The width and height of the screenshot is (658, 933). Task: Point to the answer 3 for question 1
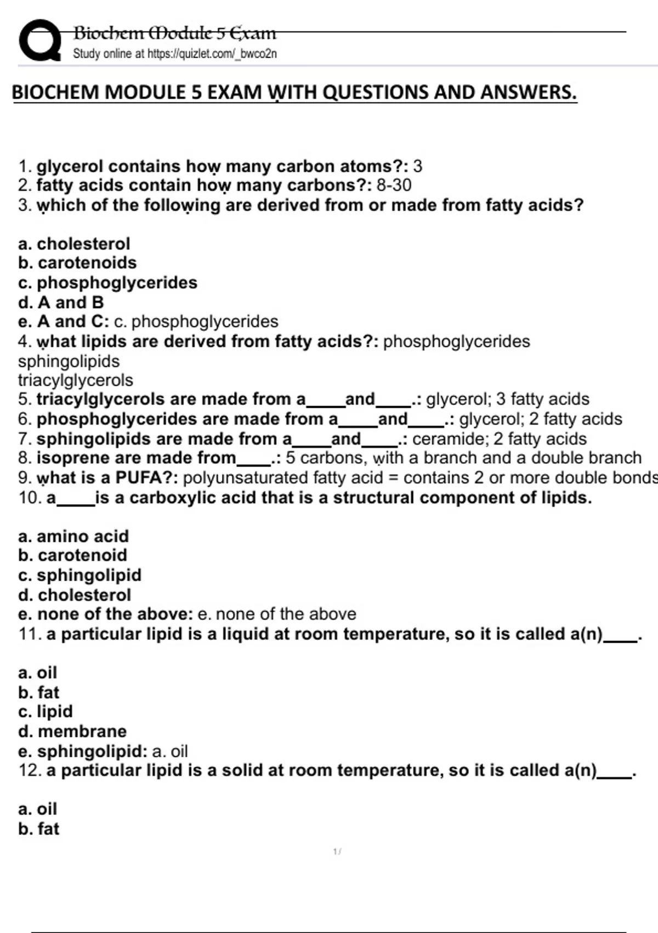(417, 166)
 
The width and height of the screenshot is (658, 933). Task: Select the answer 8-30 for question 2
(394, 185)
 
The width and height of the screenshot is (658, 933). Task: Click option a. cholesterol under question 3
(74, 244)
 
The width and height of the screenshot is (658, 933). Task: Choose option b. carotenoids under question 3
(77, 263)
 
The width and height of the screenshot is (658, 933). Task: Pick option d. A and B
(61, 302)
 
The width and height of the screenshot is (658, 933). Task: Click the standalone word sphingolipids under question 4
(69, 361)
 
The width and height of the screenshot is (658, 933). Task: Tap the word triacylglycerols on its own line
(75, 380)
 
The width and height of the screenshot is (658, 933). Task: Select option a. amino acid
(73, 536)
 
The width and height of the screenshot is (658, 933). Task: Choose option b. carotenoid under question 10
(72, 555)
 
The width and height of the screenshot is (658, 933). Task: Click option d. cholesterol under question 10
(75, 595)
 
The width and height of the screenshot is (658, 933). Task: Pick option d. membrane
(72, 732)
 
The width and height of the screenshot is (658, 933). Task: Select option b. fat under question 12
(38, 829)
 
